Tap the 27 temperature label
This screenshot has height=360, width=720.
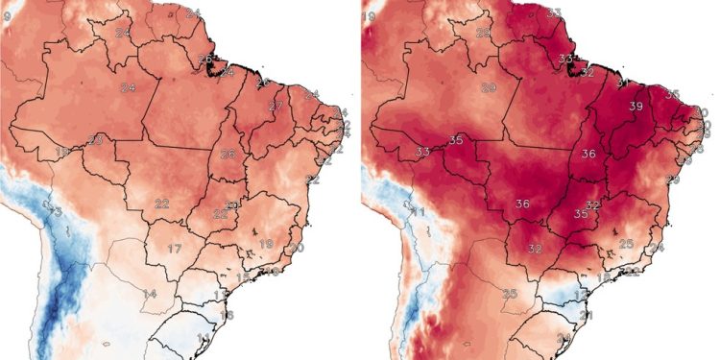point(276,106)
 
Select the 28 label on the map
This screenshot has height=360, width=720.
point(483,33)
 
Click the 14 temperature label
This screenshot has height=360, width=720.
point(150,293)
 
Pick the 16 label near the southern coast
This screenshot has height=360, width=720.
point(227,315)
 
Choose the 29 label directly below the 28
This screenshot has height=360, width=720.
point(488,87)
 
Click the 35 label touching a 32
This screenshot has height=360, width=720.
point(581,214)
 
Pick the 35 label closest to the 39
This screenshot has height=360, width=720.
point(672,94)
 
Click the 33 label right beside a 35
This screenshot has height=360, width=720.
point(423,153)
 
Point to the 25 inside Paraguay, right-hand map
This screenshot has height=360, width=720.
point(510,293)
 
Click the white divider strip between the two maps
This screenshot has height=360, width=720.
point(360,180)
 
